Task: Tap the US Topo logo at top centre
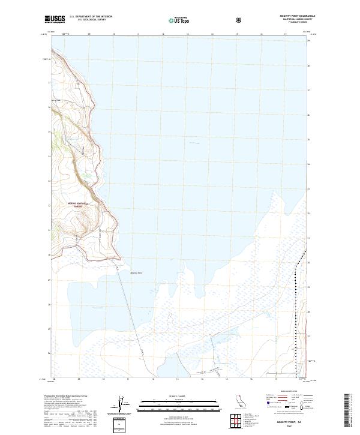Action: (178, 20)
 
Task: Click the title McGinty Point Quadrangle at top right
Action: (298, 16)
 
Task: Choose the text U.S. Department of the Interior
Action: (91, 17)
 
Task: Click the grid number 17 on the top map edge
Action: (286, 34)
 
